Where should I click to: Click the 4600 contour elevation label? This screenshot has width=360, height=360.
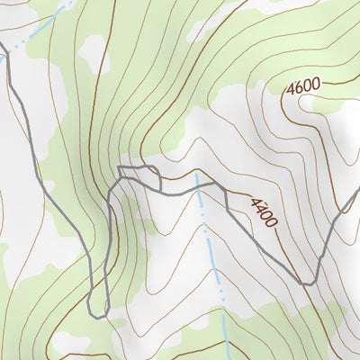303,88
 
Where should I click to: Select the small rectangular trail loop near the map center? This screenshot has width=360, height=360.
139,175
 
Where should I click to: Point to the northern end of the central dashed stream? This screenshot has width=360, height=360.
194,175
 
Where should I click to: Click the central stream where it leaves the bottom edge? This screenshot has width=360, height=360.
226,357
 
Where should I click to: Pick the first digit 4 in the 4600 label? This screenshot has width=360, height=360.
292,91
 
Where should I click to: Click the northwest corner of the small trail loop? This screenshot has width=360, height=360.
120,166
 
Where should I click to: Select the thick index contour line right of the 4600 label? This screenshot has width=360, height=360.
337,84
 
